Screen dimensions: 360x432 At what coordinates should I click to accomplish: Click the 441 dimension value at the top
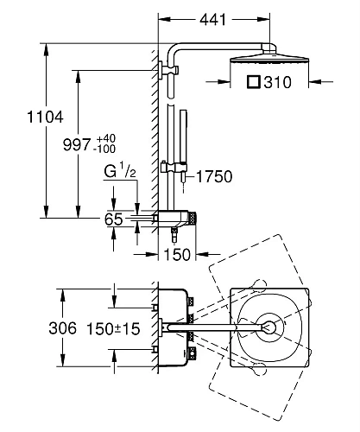pyautogui.click(x=213, y=20)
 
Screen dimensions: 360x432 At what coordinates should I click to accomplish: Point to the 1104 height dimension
pyautogui.click(x=45, y=117)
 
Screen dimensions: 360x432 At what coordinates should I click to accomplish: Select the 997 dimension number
pyautogui.click(x=77, y=144)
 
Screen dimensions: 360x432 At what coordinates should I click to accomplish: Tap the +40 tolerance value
pyautogui.click(x=106, y=138)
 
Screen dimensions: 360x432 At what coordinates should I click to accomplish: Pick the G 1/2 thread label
pyautogui.click(x=120, y=170)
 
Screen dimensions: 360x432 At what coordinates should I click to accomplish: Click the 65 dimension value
pyautogui.click(x=113, y=219)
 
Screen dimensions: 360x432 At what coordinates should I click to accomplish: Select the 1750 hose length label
pyautogui.click(x=214, y=176)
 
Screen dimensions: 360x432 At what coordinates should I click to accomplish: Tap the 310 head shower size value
pyautogui.click(x=278, y=82)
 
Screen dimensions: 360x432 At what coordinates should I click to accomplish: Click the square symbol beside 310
pyautogui.click(x=254, y=82)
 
